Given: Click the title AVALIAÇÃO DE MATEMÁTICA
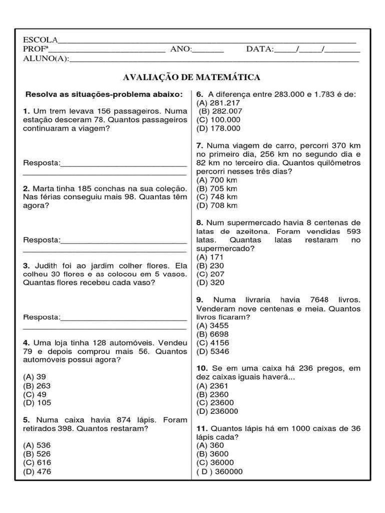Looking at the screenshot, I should click(x=191, y=77).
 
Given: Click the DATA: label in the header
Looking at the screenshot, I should click(x=260, y=49).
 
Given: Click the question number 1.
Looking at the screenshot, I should click(x=26, y=111).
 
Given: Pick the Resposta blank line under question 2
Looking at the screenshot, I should click(x=123, y=240).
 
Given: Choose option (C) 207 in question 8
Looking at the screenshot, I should click(x=210, y=274).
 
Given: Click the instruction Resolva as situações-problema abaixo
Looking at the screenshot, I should click(x=104, y=94).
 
